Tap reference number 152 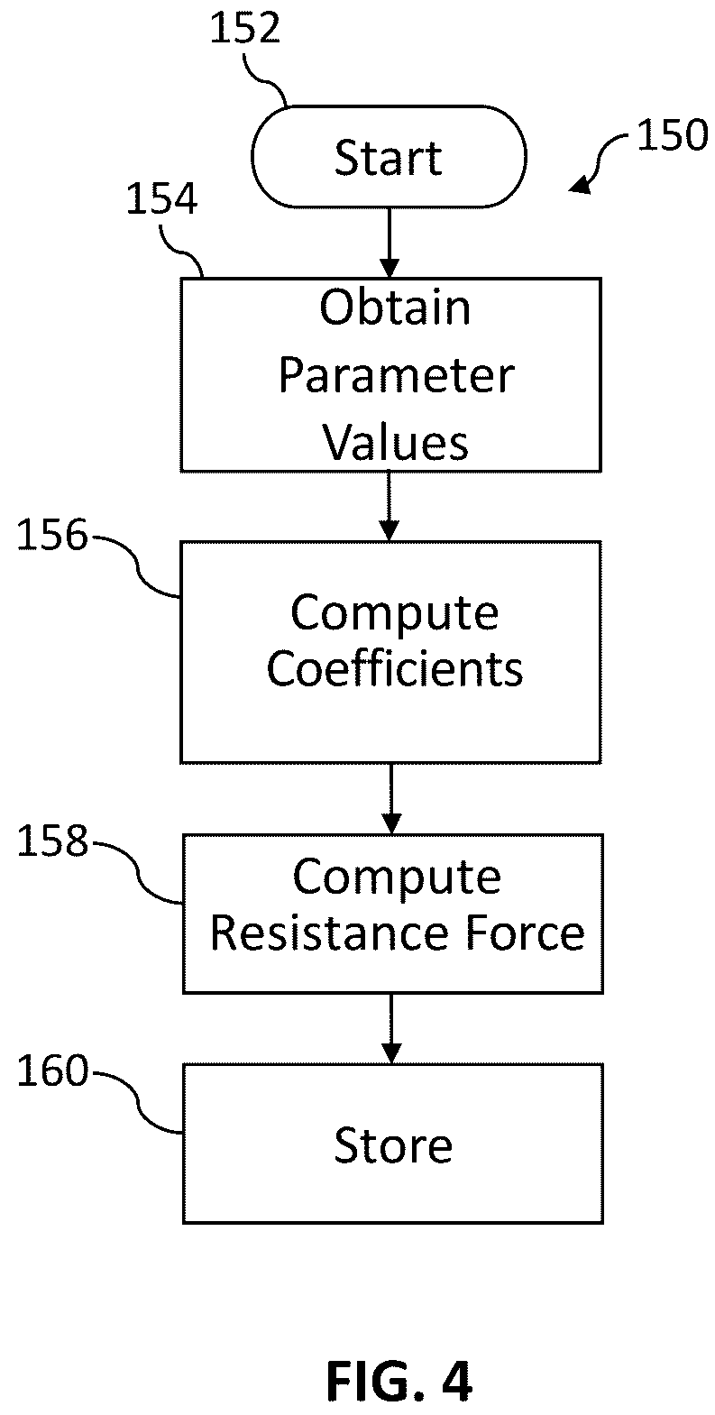244,29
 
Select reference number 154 161,198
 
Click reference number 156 51,535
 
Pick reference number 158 52,841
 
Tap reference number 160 52,1070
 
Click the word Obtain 396,308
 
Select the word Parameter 396,376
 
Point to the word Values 396,443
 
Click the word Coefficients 395,669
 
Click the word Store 393,1145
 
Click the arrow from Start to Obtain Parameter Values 390,243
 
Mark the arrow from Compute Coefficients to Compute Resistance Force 391,799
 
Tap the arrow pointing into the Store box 391,1029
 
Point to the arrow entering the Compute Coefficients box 390,506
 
